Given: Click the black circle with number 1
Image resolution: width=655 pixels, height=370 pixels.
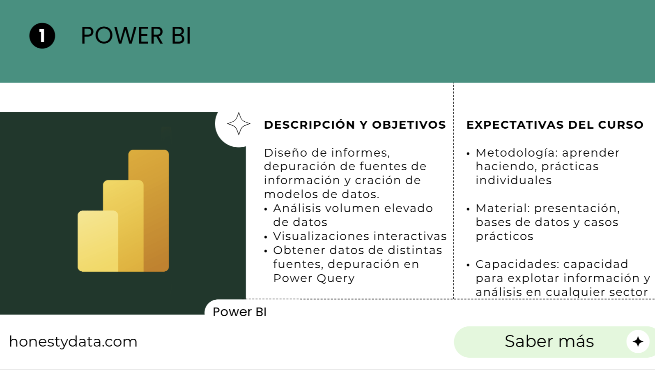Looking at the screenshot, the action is pyautogui.click(x=42, y=36).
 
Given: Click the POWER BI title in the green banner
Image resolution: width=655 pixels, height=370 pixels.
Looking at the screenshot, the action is pyautogui.click(x=136, y=35).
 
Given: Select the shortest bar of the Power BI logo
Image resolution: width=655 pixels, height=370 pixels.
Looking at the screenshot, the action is pyautogui.click(x=98, y=241).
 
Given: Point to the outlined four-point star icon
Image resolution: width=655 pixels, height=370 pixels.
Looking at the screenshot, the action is pyautogui.click(x=239, y=123).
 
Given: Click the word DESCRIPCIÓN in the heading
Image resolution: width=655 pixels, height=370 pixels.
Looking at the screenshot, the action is pyautogui.click(x=310, y=125).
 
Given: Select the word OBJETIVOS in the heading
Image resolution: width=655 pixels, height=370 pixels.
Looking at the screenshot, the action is pyautogui.click(x=409, y=125).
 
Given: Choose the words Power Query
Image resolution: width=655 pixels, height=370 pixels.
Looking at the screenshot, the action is pyautogui.click(x=314, y=278).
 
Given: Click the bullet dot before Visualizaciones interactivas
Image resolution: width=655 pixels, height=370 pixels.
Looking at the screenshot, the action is pyautogui.click(x=266, y=237).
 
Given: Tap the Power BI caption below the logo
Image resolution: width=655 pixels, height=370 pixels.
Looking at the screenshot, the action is pyautogui.click(x=239, y=312).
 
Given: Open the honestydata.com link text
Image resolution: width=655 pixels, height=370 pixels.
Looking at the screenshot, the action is pyautogui.click(x=73, y=342).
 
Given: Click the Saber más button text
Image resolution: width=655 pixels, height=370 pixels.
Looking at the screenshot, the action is pyautogui.click(x=549, y=341).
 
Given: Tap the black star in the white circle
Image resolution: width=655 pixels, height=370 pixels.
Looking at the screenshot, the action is pyautogui.click(x=638, y=342).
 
